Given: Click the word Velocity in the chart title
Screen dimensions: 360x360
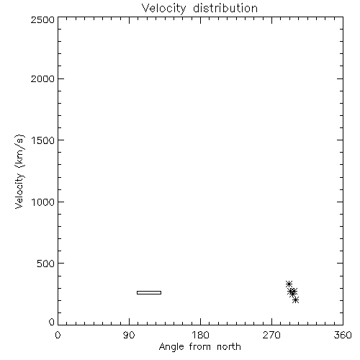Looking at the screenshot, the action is coord(163,9).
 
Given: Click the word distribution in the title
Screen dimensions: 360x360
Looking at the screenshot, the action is coord(225,8).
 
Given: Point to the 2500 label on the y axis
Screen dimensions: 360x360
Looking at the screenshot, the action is coord(42,19).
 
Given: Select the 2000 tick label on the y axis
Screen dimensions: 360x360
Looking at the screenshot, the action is coord(42,78).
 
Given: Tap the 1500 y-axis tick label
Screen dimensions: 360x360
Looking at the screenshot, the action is coord(43,140).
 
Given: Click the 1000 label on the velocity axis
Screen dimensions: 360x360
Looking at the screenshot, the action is coord(43,202).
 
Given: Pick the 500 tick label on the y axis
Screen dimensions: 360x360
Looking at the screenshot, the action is coord(46,264).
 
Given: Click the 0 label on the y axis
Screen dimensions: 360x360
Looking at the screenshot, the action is coord(52,322).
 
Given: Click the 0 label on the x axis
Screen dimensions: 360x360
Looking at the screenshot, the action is coord(58,335).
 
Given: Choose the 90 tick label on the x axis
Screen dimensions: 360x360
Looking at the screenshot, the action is coord(129,335).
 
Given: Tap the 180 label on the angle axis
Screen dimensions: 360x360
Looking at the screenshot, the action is coord(200,335).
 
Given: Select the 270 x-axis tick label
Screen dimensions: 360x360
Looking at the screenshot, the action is coord(271,335).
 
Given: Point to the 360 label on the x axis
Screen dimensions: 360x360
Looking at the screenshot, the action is coord(343,335).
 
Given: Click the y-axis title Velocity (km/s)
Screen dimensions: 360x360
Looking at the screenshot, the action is coord(19,171).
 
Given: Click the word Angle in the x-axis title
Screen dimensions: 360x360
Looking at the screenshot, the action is coord(171,347).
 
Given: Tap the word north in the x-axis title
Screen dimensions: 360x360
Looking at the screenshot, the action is coord(229,347).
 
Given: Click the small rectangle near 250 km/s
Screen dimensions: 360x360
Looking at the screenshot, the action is coord(149,292).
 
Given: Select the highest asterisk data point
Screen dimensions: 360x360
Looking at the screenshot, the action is coord(289,284).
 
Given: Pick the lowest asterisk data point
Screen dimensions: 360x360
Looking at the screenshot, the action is coord(296,300).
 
